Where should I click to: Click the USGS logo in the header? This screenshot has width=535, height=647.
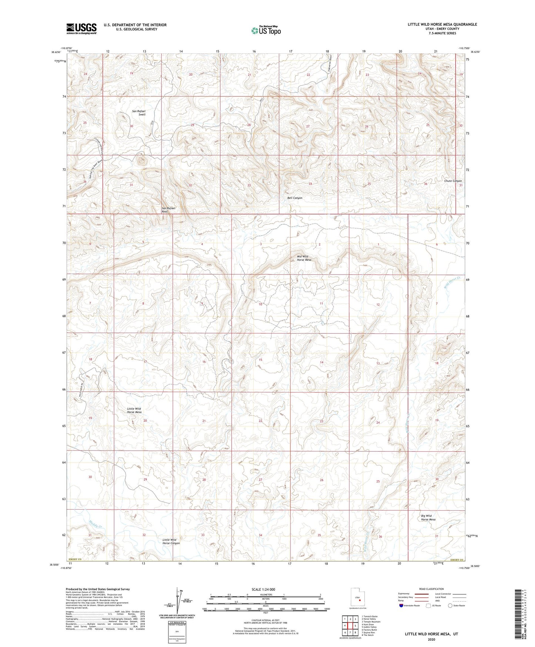click(x=81, y=29)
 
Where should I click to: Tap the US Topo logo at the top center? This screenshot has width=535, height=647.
click(x=266, y=30)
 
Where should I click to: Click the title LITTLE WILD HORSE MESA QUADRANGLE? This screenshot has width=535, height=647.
click(x=442, y=24)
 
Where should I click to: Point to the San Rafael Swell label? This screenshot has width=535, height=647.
click(x=139, y=113)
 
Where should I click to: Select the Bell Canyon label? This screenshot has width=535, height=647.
click(x=295, y=198)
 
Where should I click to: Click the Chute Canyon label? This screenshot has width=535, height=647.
click(x=453, y=181)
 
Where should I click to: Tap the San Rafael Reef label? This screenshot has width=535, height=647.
click(x=168, y=210)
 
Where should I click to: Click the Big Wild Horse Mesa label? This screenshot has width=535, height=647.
click(x=428, y=518)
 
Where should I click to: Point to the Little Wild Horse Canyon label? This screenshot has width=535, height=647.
click(x=171, y=541)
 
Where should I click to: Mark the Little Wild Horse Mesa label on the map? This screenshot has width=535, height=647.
click(x=134, y=410)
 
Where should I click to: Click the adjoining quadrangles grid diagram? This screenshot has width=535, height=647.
click(x=350, y=626)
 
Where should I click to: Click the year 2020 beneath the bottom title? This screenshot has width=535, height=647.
click(x=431, y=639)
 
